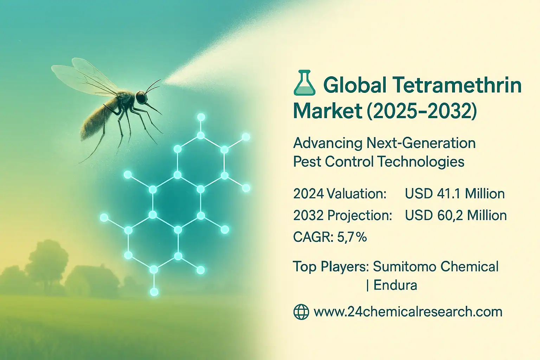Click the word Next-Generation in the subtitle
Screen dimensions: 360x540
coord(421,143)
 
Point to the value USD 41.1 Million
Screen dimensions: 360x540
coord(455,194)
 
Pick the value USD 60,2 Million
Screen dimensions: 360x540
coord(456,216)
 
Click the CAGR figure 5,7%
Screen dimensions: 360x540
coord(352,237)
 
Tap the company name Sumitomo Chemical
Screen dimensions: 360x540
coord(436,266)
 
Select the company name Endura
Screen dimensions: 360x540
coord(395,285)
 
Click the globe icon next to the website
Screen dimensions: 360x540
coord(301,312)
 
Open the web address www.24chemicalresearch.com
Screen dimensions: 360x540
coord(408,312)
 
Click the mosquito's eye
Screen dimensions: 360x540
coord(141,97)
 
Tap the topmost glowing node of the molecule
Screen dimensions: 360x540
coord(201,117)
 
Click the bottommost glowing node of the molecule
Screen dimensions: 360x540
coord(154,291)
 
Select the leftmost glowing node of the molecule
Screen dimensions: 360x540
coord(104,218)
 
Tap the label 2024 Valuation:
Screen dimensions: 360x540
coord(340,194)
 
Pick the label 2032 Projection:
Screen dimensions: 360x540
coord(342,216)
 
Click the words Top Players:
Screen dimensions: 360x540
coord(330,266)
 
